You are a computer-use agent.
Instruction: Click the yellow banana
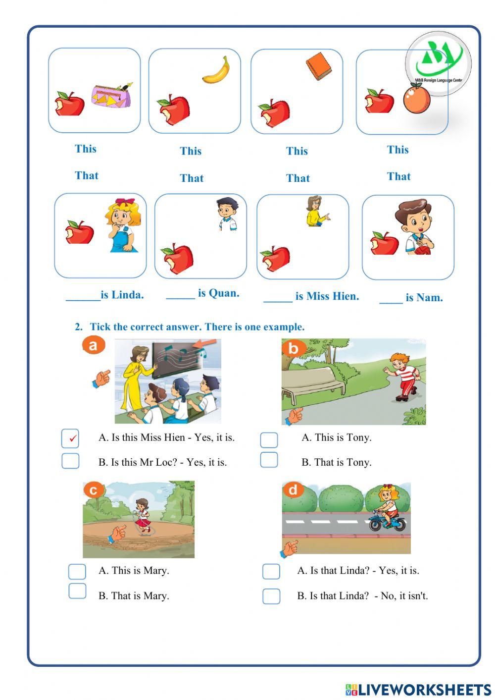point(217,70)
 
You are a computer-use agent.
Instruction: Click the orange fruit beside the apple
point(416,99)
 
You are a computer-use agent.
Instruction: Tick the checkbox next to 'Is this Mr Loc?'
point(70,461)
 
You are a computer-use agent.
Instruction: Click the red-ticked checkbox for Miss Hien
point(70,438)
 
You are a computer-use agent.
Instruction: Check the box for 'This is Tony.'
point(269,439)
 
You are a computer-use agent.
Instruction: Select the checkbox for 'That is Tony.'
point(269,460)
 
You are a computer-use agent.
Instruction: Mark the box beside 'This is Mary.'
point(77,571)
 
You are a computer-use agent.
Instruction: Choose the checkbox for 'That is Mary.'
point(77,591)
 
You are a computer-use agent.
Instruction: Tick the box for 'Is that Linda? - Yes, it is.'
point(271,571)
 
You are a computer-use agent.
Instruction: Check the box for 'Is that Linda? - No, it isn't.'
point(271,596)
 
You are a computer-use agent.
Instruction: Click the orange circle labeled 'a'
point(94,345)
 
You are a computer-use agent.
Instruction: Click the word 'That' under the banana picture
point(192,178)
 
